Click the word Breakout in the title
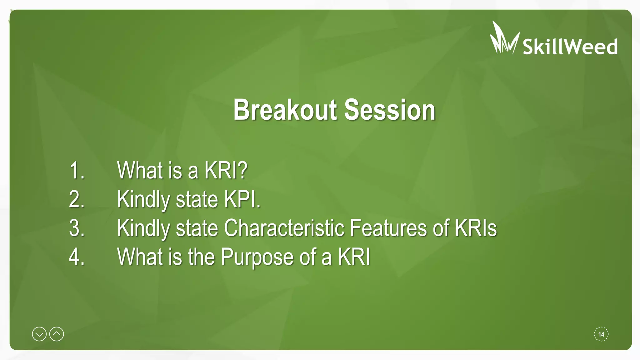[x=285, y=110]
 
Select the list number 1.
[x=77, y=171]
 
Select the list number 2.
[x=77, y=199]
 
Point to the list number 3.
[x=77, y=228]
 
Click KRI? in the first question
[x=226, y=171]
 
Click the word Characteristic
[x=284, y=228]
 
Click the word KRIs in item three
[x=476, y=228]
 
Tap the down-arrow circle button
[x=39, y=334]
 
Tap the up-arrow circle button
[x=57, y=334]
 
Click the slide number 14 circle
[x=601, y=334]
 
